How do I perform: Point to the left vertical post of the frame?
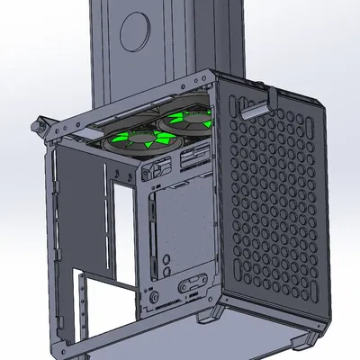coord(56,234)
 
